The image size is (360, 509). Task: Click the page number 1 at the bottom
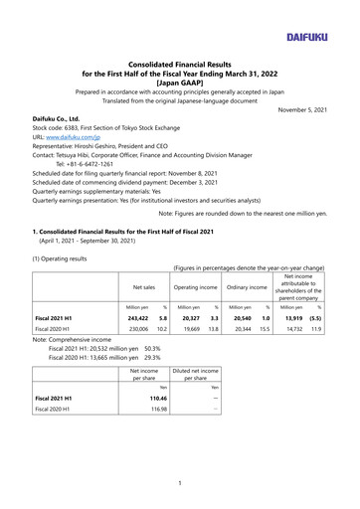tap(180, 483)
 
